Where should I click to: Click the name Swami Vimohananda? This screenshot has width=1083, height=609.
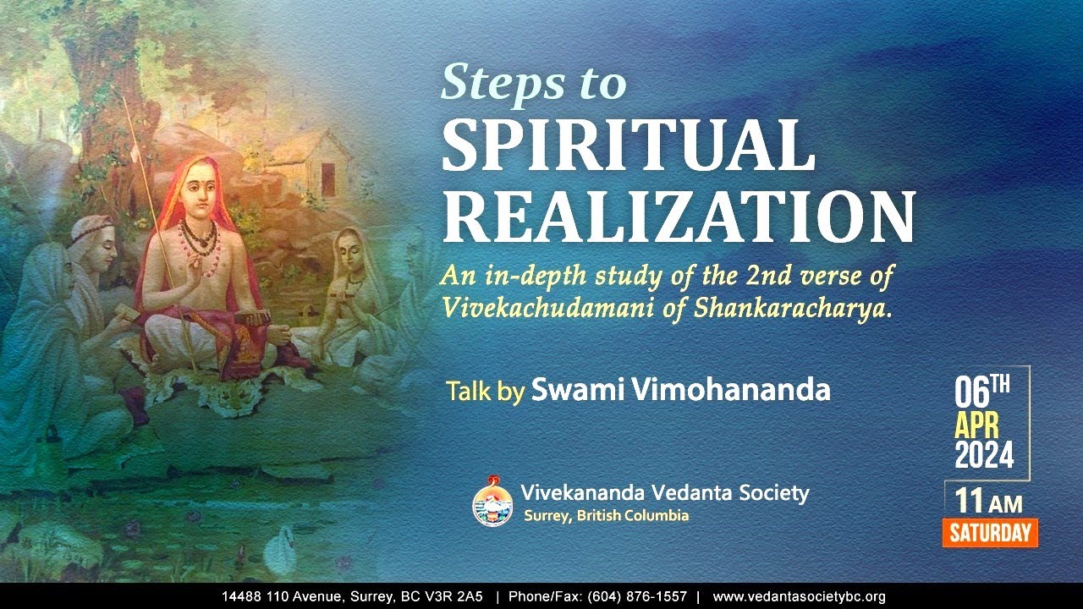tap(680, 391)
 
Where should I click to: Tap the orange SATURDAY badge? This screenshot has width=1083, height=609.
tap(990, 533)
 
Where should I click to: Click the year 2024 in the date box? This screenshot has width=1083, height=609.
tap(984, 456)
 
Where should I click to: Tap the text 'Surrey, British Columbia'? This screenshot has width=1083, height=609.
tap(605, 515)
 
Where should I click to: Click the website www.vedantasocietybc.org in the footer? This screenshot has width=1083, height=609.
tap(799, 596)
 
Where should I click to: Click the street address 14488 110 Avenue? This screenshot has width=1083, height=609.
tap(285, 596)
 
